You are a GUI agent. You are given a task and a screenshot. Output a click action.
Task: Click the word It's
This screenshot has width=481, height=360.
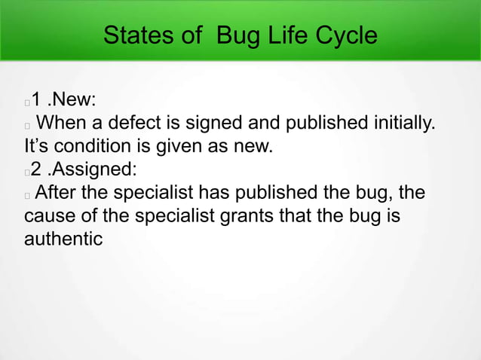tap(38, 145)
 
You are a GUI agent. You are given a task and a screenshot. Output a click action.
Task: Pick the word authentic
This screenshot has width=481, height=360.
tap(63, 239)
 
